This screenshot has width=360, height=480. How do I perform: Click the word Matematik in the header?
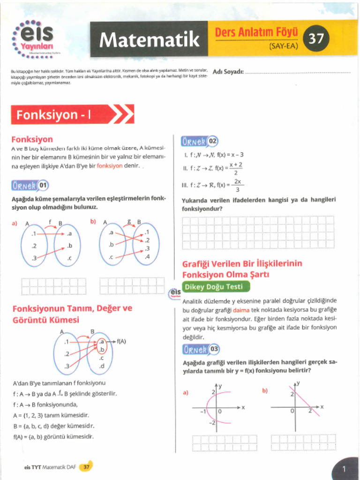[149, 40]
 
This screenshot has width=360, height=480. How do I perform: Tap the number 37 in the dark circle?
[316, 38]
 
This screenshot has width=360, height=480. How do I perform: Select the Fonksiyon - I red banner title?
[54, 114]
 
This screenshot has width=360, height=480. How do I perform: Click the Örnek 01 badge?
[30, 185]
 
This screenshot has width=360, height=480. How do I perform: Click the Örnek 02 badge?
[199, 141]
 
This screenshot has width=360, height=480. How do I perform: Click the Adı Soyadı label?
[228, 72]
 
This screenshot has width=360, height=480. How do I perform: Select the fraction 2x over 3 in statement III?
[238, 185]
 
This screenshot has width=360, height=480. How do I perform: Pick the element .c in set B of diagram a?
[69, 258]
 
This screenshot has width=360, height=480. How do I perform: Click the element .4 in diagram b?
[147, 256]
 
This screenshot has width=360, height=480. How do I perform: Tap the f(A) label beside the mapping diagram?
[121, 341]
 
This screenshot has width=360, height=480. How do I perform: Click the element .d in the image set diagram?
[101, 366]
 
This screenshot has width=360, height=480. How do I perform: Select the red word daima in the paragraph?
[241, 310]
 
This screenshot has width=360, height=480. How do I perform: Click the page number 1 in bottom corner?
[344, 468]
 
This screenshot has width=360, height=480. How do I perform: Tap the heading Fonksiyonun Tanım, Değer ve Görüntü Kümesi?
[72, 314]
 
